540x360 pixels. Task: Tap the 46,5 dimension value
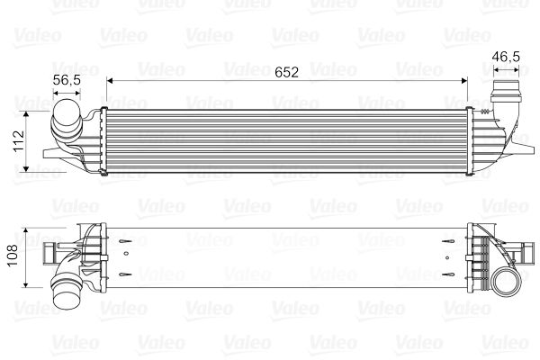tap(505, 57)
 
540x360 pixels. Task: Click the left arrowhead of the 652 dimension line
tap(111, 81)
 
